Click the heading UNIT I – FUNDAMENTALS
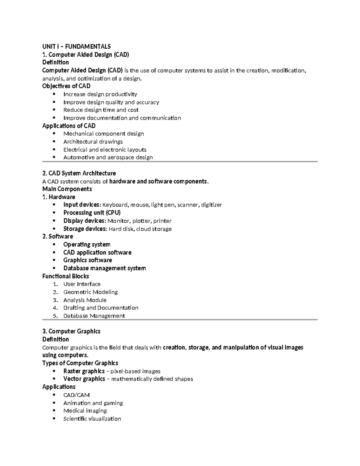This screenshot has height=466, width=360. [x=76, y=47]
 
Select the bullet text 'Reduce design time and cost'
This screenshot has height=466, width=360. [x=101, y=110]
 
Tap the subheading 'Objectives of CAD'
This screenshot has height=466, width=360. [x=66, y=86]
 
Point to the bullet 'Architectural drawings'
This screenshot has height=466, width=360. [x=93, y=142]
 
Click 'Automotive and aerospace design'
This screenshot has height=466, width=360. [x=108, y=158]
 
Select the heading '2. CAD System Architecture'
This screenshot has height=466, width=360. [x=79, y=173]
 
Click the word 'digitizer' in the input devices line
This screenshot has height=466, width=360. [x=211, y=205]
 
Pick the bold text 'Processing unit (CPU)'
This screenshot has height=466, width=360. [x=92, y=213]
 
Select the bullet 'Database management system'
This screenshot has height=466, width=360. [x=104, y=268]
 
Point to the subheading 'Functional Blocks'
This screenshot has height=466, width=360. [x=65, y=276]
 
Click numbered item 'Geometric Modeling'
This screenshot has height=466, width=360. [x=90, y=292]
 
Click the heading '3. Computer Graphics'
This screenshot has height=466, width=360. [x=71, y=332]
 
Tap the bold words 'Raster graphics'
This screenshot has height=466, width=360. [x=84, y=371]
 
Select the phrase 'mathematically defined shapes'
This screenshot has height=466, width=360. [x=152, y=379]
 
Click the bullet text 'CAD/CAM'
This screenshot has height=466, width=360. [x=76, y=395]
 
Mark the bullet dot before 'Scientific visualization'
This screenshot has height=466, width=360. [x=54, y=419]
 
